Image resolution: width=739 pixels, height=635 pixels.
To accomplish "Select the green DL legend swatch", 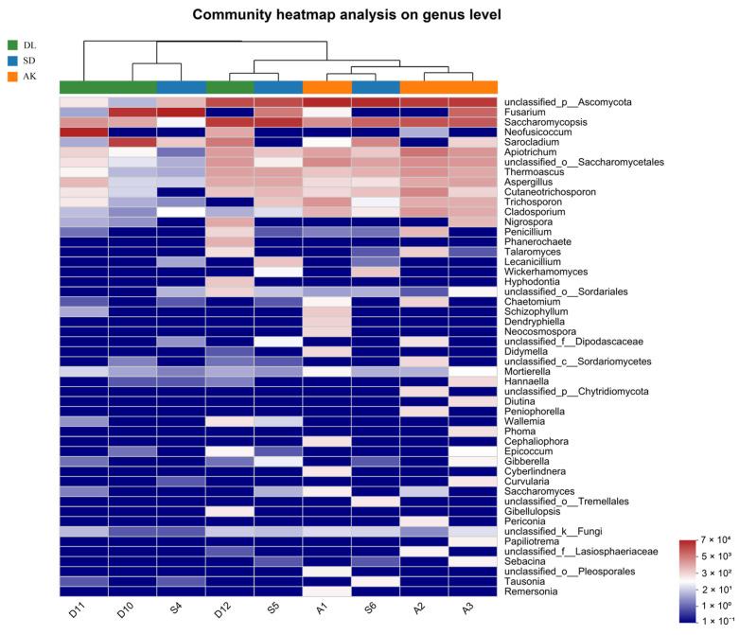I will tap(12, 44).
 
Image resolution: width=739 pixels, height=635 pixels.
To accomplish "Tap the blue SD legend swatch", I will tap(12, 61).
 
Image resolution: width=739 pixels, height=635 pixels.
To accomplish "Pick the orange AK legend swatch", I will tap(12, 77).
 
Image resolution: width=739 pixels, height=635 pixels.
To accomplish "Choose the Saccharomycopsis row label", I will tap(547, 123).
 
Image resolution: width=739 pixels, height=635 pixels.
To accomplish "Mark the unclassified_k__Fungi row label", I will tap(554, 531).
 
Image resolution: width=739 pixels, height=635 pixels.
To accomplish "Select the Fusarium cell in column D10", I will tap(132, 112).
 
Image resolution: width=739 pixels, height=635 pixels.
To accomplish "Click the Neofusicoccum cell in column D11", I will tap(83, 132).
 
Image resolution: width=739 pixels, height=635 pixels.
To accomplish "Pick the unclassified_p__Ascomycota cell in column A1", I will tap(326, 101).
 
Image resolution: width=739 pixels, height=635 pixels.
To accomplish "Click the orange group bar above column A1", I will tap(326, 88).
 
